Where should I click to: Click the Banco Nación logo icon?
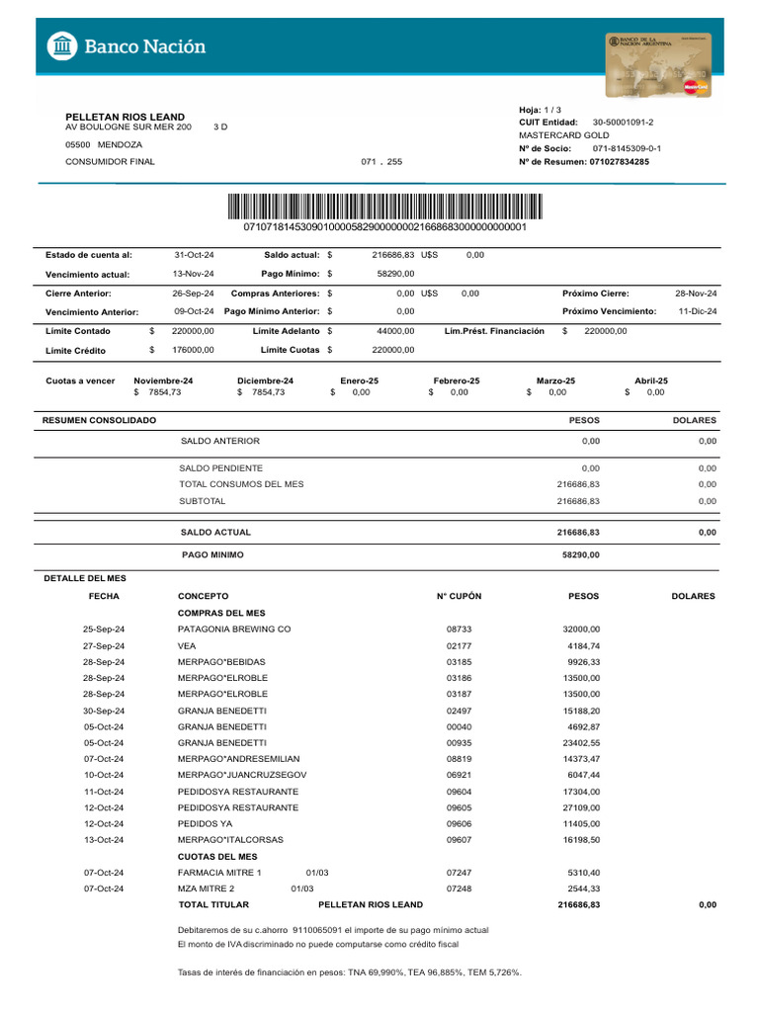tap(61, 45)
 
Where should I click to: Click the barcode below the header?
tap(384, 207)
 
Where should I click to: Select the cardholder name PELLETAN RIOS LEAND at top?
tap(125, 117)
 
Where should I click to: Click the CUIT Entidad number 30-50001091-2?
tap(623, 122)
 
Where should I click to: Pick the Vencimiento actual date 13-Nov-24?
tap(194, 273)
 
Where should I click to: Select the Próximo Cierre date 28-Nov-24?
tap(696, 294)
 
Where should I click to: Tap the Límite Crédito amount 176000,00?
tap(193, 350)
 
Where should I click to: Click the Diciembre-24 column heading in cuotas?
tap(265, 380)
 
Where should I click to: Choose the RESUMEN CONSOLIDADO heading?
tap(99, 421)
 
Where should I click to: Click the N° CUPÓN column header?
tap(459, 597)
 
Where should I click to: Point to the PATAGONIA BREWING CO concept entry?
tap(234, 629)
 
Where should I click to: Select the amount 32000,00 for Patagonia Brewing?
tap(580, 629)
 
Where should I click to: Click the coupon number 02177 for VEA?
tap(460, 645)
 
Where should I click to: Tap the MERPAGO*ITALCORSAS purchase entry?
tap(229, 840)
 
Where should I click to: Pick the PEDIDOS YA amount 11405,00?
tap(580, 823)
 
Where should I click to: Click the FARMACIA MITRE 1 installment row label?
tap(219, 873)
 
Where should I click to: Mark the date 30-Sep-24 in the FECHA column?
tap(104, 710)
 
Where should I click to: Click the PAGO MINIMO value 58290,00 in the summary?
tap(580, 555)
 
